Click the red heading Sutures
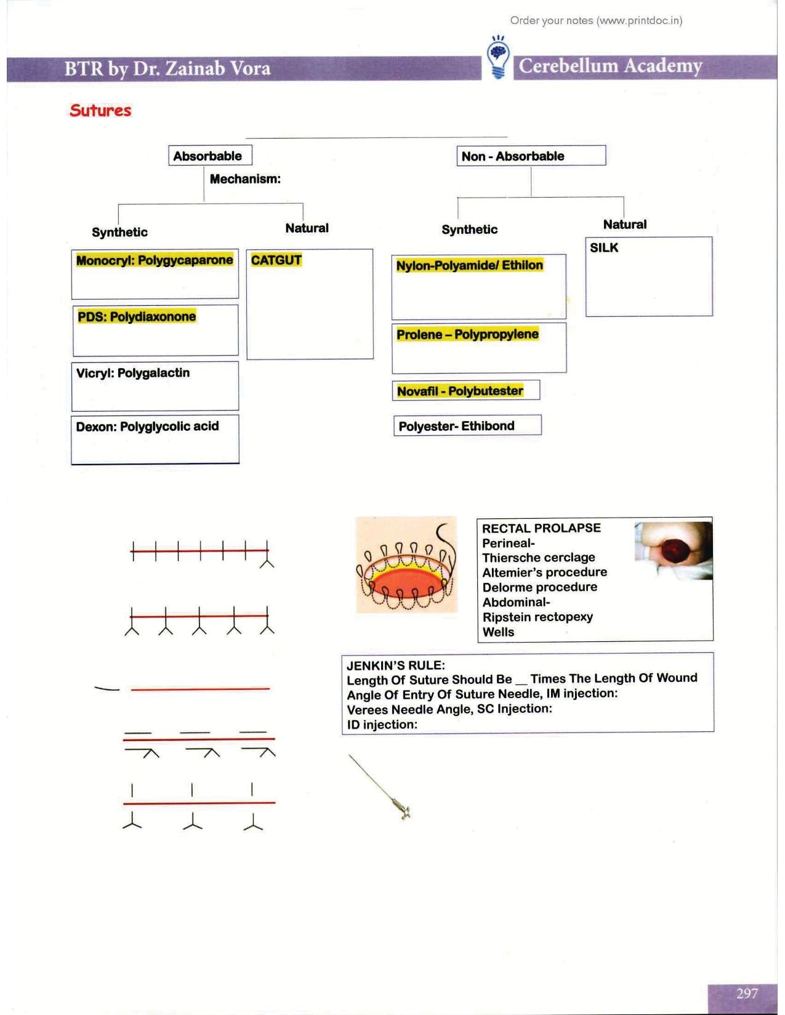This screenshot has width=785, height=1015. pyautogui.click(x=100, y=111)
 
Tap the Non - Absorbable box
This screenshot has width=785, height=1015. pyautogui.click(x=530, y=156)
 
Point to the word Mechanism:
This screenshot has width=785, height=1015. pyautogui.click(x=245, y=179)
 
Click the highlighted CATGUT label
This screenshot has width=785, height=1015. pyautogui.click(x=276, y=260)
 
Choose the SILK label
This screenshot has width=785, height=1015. pyautogui.click(x=604, y=247)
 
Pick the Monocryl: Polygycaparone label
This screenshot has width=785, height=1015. pyautogui.click(x=155, y=260)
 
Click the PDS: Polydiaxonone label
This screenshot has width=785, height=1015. pyautogui.click(x=137, y=317)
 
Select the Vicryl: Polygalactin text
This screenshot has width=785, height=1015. pyautogui.click(x=133, y=373)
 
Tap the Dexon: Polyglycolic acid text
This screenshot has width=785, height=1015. pyautogui.click(x=147, y=427)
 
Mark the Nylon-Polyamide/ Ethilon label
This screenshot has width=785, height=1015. pyautogui.click(x=469, y=265)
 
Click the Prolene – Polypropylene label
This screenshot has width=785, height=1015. pyautogui.click(x=467, y=335)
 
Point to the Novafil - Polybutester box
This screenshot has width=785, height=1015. pyautogui.click(x=465, y=391)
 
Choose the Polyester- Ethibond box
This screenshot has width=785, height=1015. pyautogui.click(x=467, y=426)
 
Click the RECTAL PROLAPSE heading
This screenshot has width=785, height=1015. pyautogui.click(x=541, y=528)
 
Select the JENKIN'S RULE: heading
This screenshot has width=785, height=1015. pyautogui.click(x=396, y=665)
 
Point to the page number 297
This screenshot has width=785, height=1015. pyautogui.click(x=747, y=993)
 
